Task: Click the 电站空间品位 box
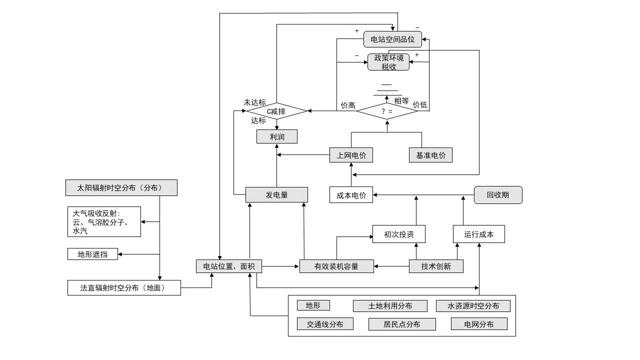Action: [392, 39]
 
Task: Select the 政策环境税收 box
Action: [388, 62]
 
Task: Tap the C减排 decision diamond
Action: [276, 111]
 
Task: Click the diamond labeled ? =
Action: [386, 111]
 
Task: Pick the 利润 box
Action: [276, 136]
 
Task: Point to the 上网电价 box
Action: [351, 155]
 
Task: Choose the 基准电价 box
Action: [430, 155]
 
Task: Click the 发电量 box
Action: [276, 195]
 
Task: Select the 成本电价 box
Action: [351, 195]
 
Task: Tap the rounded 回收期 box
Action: [498, 195]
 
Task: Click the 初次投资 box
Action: [398, 234]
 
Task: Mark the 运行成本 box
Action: [478, 234]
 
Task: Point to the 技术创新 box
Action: [436, 266]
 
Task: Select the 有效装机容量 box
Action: [336, 266]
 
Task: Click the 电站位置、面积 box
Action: [228, 266]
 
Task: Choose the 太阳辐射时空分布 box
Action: [121, 188]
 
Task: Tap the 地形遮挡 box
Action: [92, 254]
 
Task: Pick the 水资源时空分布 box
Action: [473, 306]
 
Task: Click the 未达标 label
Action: [254, 101]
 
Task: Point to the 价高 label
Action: [348, 105]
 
